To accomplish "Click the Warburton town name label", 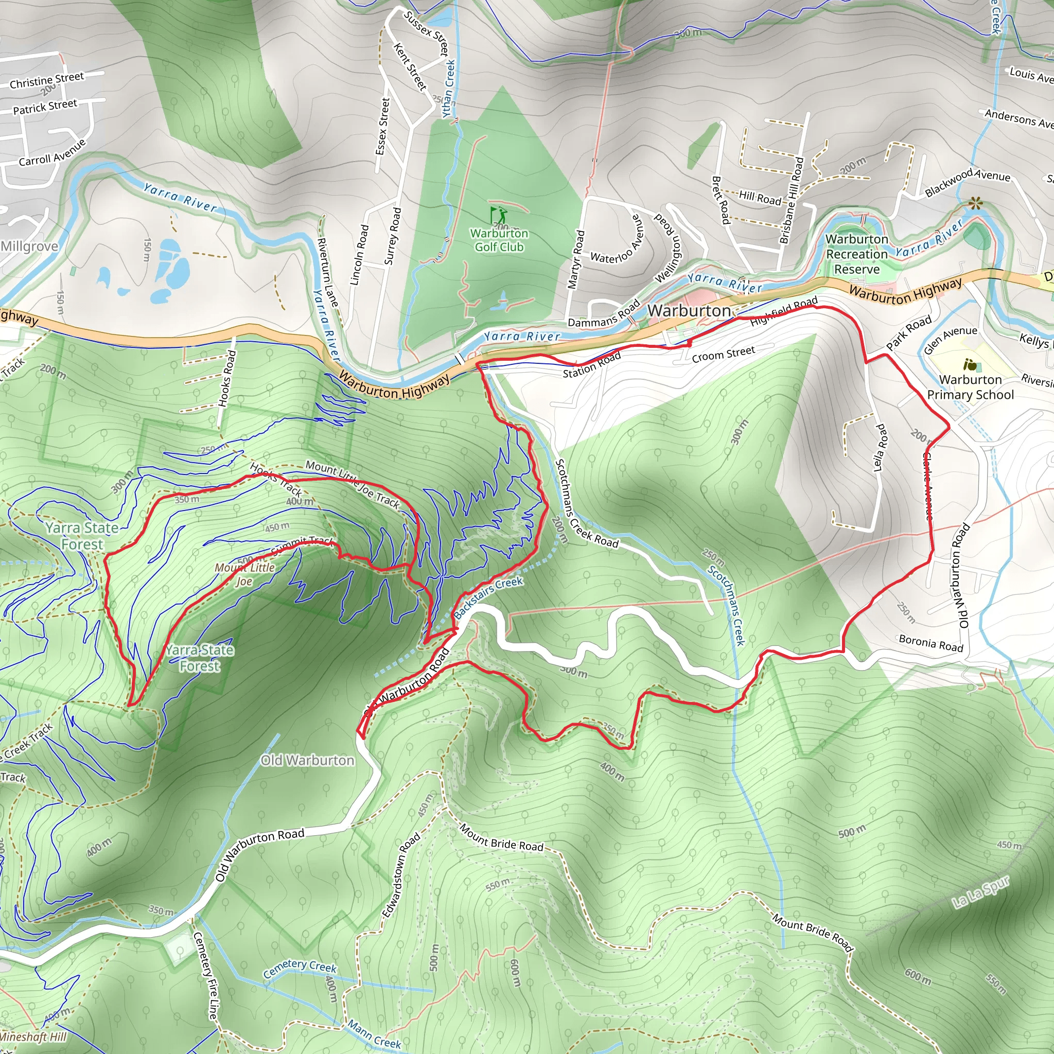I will (x=689, y=310).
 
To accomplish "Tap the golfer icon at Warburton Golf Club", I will (x=498, y=215).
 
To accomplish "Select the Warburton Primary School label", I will (x=970, y=387).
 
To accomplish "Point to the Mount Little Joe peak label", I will (x=244, y=574).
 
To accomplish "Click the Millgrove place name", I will (x=29, y=246).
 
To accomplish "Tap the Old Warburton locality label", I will (x=307, y=760).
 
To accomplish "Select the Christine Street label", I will (x=47, y=80).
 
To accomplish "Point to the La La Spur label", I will (x=980, y=892).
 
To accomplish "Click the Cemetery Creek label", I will (x=300, y=969).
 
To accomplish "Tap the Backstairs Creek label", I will (x=488, y=597).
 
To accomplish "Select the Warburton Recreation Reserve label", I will (x=856, y=254).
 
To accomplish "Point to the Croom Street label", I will (x=723, y=354).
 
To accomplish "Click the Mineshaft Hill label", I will (x=33, y=1037).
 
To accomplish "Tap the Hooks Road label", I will (x=227, y=378).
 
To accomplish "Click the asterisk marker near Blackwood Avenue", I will (x=975, y=205).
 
